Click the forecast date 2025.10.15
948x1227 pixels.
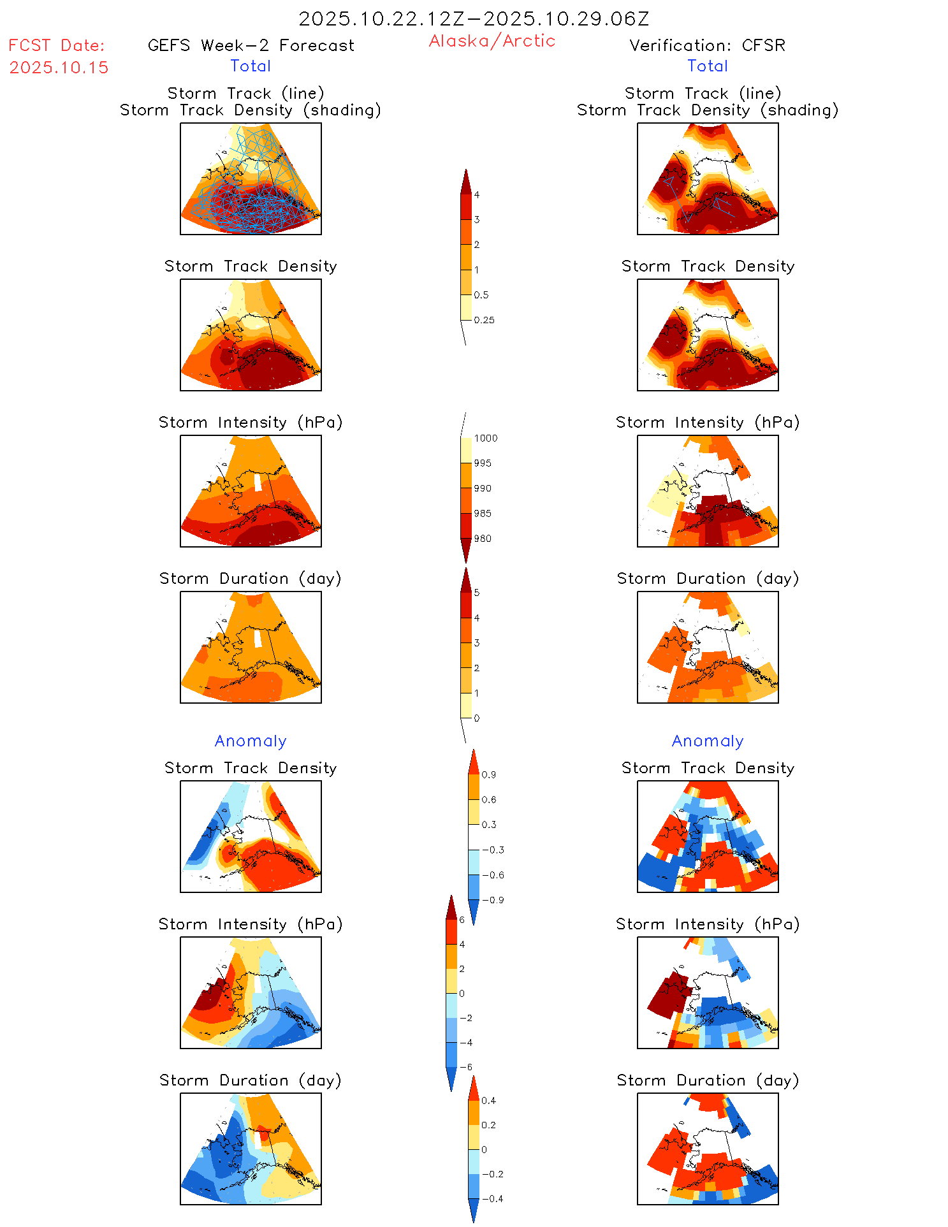pyautogui.click(x=59, y=68)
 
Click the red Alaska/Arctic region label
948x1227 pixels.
pyautogui.click(x=492, y=41)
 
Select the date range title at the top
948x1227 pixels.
pyautogui.click(x=474, y=18)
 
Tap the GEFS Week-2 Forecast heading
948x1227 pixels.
pyautogui.click(x=251, y=45)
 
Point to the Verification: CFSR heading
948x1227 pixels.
pyautogui.click(x=707, y=45)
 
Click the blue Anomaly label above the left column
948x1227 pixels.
pyautogui.click(x=251, y=741)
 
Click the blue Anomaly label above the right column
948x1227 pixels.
pyautogui.click(x=708, y=741)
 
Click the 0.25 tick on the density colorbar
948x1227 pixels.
pyautogui.click(x=484, y=320)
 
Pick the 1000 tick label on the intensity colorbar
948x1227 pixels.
pyautogui.click(x=485, y=438)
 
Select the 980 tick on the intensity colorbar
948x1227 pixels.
pyautogui.click(x=483, y=539)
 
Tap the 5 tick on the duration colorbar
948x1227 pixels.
pyautogui.click(x=476, y=593)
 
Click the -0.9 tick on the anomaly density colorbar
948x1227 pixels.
pyautogui.click(x=492, y=900)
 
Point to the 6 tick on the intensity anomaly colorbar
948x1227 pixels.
pyautogui.click(x=462, y=920)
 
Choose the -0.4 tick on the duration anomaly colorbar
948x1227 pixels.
pyautogui.click(x=492, y=1198)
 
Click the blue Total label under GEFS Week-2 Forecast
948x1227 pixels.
pyautogui.click(x=251, y=66)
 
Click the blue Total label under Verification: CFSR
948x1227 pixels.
pyautogui.click(x=708, y=66)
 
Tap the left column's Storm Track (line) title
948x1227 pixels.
pyautogui.click(x=245, y=93)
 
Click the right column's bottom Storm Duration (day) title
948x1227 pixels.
pyautogui.click(x=708, y=1080)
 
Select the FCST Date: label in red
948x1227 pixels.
pyautogui.click(x=56, y=45)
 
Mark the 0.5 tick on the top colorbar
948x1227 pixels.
pyautogui.click(x=481, y=295)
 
